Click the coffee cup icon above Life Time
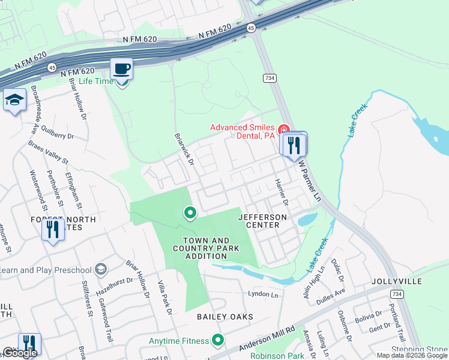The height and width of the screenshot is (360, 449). click(121, 68)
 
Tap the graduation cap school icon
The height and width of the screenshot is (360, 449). click(14, 100)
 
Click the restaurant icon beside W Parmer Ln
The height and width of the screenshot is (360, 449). click(294, 145)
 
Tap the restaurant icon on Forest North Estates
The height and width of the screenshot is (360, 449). click(53, 229)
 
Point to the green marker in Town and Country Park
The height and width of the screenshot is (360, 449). click(190, 213)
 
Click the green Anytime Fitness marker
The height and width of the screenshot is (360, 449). click(217, 341)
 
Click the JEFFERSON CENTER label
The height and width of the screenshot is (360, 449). click(262, 221)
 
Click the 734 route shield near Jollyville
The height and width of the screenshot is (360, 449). click(396, 293)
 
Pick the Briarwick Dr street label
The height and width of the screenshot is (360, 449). click(184, 149)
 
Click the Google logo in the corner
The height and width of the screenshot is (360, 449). click(20, 353)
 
